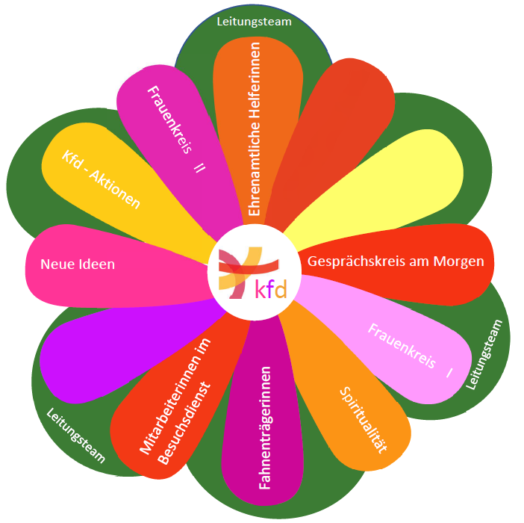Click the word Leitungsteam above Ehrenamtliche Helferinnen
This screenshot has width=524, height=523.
tap(254, 22)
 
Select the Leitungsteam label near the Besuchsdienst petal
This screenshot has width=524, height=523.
tap(76, 436)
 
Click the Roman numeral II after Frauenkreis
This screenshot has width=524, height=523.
tap(199, 166)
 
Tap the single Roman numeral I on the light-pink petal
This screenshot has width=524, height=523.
tap(449, 371)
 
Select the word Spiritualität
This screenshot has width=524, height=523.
tap(364, 420)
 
